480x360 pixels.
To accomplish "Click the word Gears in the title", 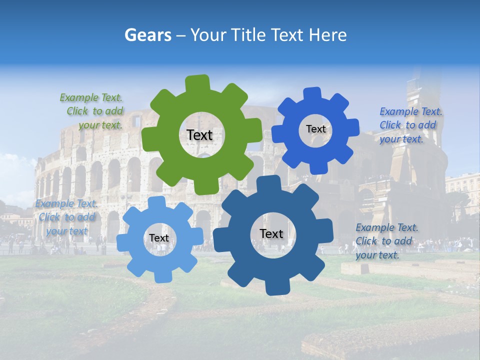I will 147,35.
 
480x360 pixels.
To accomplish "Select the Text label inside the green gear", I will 199,135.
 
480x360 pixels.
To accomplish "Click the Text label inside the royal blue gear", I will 315,129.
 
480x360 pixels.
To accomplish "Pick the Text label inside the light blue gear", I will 158,238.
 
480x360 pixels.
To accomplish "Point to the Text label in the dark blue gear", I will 271,233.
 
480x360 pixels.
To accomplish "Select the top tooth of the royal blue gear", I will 312,93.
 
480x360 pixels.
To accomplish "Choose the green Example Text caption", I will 92,111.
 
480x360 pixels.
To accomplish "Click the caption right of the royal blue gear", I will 410,125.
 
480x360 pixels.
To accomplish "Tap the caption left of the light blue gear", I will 66,217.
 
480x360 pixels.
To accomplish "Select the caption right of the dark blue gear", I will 386,241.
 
